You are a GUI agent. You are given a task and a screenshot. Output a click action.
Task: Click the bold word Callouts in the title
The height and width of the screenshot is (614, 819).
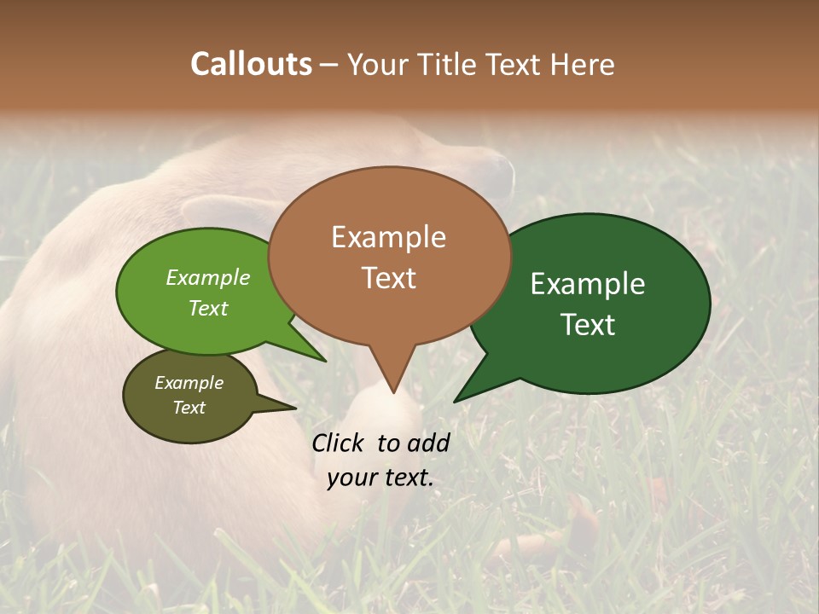251,64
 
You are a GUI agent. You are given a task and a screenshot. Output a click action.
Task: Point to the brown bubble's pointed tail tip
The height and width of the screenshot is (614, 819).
393,391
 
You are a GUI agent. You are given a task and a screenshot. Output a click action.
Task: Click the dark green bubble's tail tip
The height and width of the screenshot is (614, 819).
456,401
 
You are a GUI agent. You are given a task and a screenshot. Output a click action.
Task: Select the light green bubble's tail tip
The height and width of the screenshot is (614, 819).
324,361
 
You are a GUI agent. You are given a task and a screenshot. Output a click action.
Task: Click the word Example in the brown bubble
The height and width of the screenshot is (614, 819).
388,237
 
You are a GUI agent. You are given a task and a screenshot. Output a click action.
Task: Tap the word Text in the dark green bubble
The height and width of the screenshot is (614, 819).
589,325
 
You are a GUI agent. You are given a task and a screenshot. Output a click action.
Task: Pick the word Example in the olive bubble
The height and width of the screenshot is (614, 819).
189,383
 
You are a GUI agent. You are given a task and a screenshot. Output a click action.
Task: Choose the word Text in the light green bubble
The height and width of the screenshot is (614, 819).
208,309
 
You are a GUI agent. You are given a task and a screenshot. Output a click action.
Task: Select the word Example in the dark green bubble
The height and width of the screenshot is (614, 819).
588,284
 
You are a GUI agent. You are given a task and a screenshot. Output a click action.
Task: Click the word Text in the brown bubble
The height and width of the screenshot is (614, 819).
389,278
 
